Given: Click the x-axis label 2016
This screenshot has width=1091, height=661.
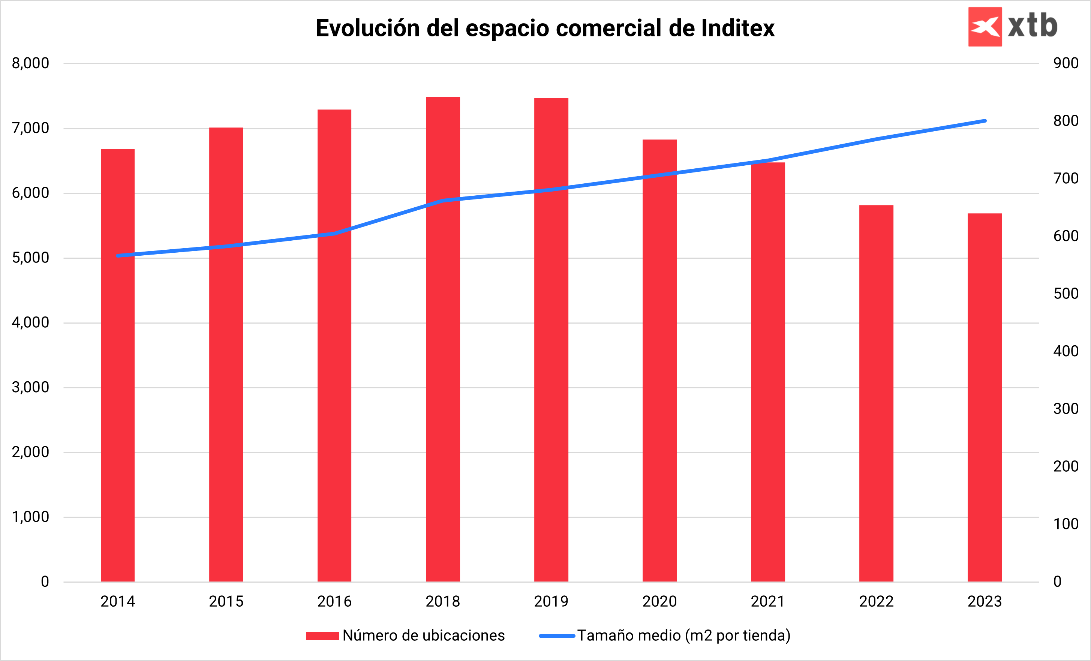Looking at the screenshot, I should pyautogui.click(x=334, y=601).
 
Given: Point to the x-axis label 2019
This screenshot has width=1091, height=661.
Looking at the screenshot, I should pyautogui.click(x=551, y=601).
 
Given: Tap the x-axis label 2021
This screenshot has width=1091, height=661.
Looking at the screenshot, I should pyautogui.click(x=768, y=601).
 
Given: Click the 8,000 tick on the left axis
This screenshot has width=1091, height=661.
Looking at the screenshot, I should pyautogui.click(x=30, y=63).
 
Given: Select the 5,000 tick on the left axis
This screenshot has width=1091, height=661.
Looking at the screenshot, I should pyautogui.click(x=30, y=258).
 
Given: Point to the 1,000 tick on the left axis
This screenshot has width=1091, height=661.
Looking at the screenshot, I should pyautogui.click(x=30, y=517).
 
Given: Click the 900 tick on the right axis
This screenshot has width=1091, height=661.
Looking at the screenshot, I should pyautogui.click(x=1066, y=63).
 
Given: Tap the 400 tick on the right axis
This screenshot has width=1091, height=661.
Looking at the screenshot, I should pyautogui.click(x=1066, y=351).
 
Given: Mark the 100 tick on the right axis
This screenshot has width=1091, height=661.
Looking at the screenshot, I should pyautogui.click(x=1066, y=524).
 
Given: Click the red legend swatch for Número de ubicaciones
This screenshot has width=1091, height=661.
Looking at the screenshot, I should pyautogui.click(x=322, y=636).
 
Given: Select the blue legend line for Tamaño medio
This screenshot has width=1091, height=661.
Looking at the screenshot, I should pyautogui.click(x=557, y=636).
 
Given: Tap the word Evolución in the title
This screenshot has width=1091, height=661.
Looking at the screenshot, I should pyautogui.click(x=367, y=28).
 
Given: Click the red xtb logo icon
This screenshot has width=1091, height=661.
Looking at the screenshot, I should pyautogui.click(x=985, y=27).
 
